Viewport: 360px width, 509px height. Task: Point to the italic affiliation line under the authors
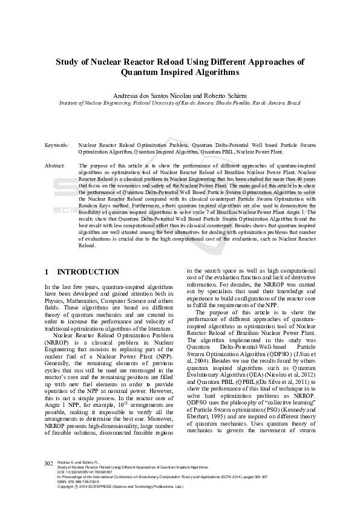[x=180, y=103]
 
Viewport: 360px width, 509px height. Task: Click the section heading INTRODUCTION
[x=88, y=272]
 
